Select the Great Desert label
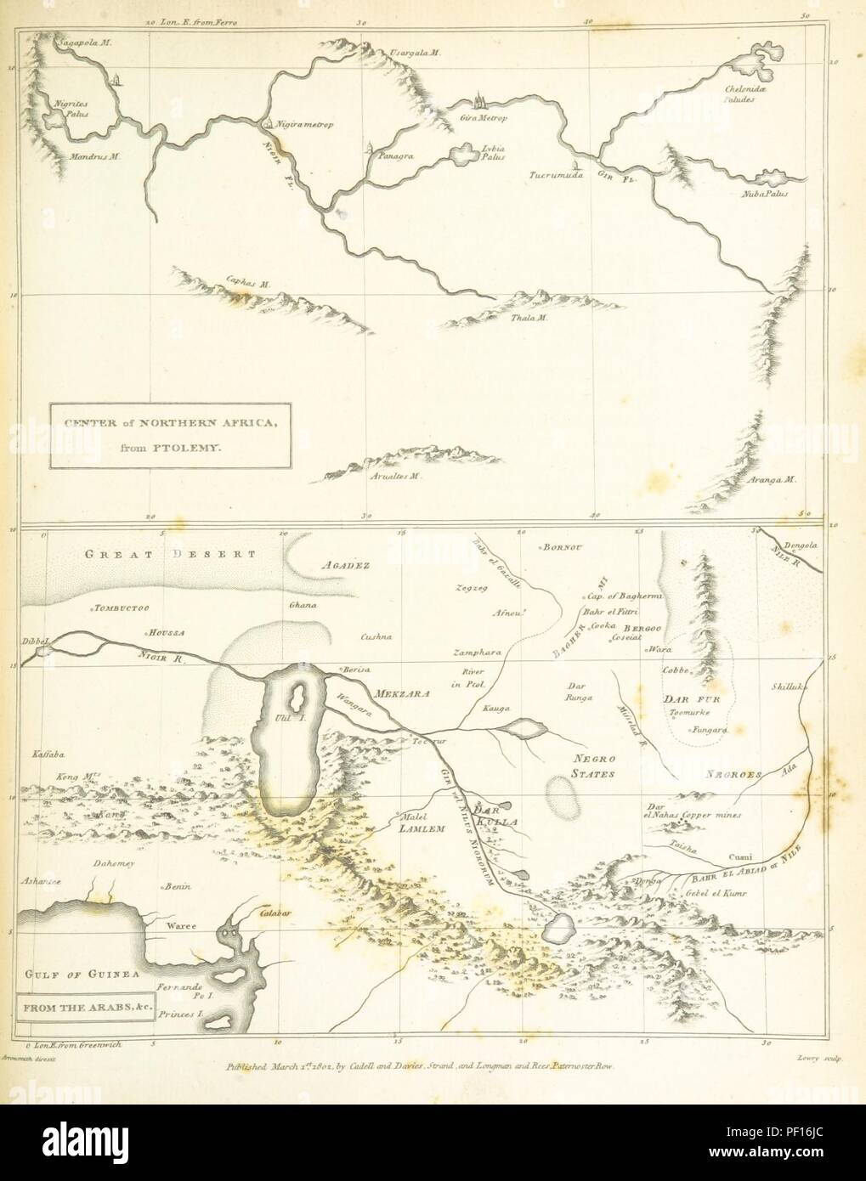170,554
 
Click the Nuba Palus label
765,195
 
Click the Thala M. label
532,319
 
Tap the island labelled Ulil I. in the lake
297,698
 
